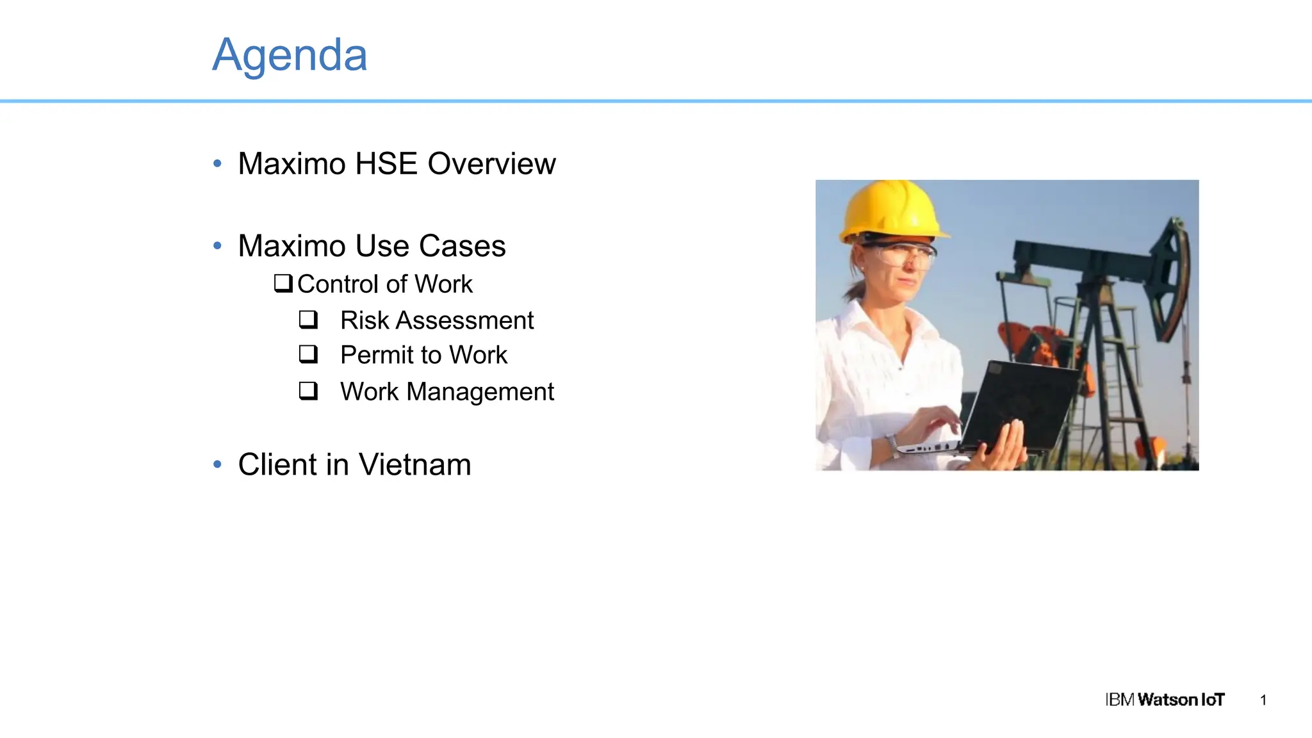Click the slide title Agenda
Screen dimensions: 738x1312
[290, 55]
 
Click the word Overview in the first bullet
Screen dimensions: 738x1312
[491, 164]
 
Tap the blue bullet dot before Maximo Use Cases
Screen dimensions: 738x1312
[217, 246]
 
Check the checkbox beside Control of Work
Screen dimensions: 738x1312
[283, 283]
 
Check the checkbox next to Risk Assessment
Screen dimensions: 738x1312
[308, 319]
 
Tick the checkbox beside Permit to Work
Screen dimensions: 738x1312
[308, 354]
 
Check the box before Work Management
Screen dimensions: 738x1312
[308, 390]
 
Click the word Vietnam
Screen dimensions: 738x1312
[414, 464]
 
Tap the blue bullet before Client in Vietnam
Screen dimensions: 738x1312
[217, 464]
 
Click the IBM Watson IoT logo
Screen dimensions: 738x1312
[1164, 700]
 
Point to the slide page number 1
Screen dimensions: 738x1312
[1263, 700]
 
